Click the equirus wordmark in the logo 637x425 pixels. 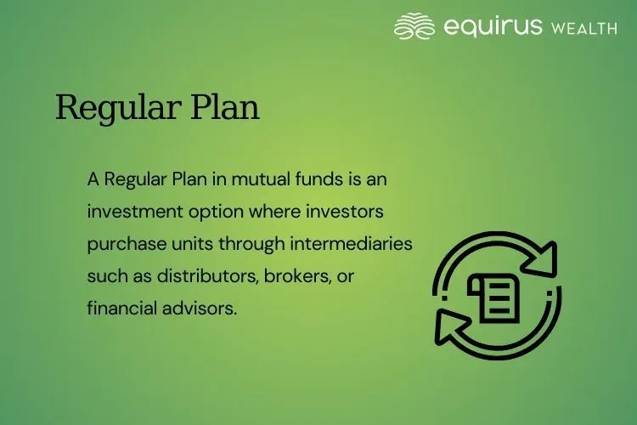pyautogui.click(x=493, y=27)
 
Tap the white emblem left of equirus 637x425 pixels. pyautogui.click(x=415, y=26)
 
